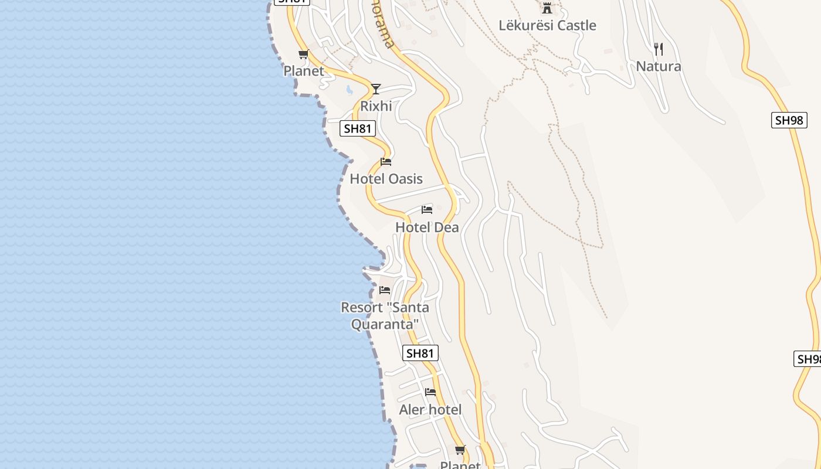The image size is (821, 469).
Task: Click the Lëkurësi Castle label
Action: pos(547,25)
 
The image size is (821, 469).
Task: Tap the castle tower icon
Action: pos(547,8)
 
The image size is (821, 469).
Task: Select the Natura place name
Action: pos(659,66)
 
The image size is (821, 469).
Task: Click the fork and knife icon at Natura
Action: pos(659,49)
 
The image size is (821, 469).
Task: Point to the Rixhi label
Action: pos(376,106)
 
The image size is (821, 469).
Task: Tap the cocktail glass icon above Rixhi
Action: pos(376,89)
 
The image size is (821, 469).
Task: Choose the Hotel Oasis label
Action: pos(386,179)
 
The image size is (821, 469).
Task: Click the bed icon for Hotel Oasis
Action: pos(386,162)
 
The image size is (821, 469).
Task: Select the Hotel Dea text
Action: pos(427,227)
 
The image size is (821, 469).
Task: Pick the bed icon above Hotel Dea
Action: pos(427,210)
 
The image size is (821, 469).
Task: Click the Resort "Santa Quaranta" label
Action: pos(385,315)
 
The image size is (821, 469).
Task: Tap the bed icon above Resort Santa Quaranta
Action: pos(385,290)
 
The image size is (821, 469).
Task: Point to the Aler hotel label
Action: pos(430,410)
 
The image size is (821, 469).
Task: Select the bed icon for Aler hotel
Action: pos(430,392)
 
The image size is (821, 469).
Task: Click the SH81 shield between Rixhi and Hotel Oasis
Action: pos(358,129)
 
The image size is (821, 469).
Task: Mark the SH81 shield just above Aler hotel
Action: pos(420,353)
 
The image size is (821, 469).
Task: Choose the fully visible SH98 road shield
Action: pos(789,120)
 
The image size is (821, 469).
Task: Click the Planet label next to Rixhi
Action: pos(304,71)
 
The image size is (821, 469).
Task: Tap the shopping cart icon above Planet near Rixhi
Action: pos(303,55)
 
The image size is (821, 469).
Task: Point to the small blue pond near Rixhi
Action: pos(349,90)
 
